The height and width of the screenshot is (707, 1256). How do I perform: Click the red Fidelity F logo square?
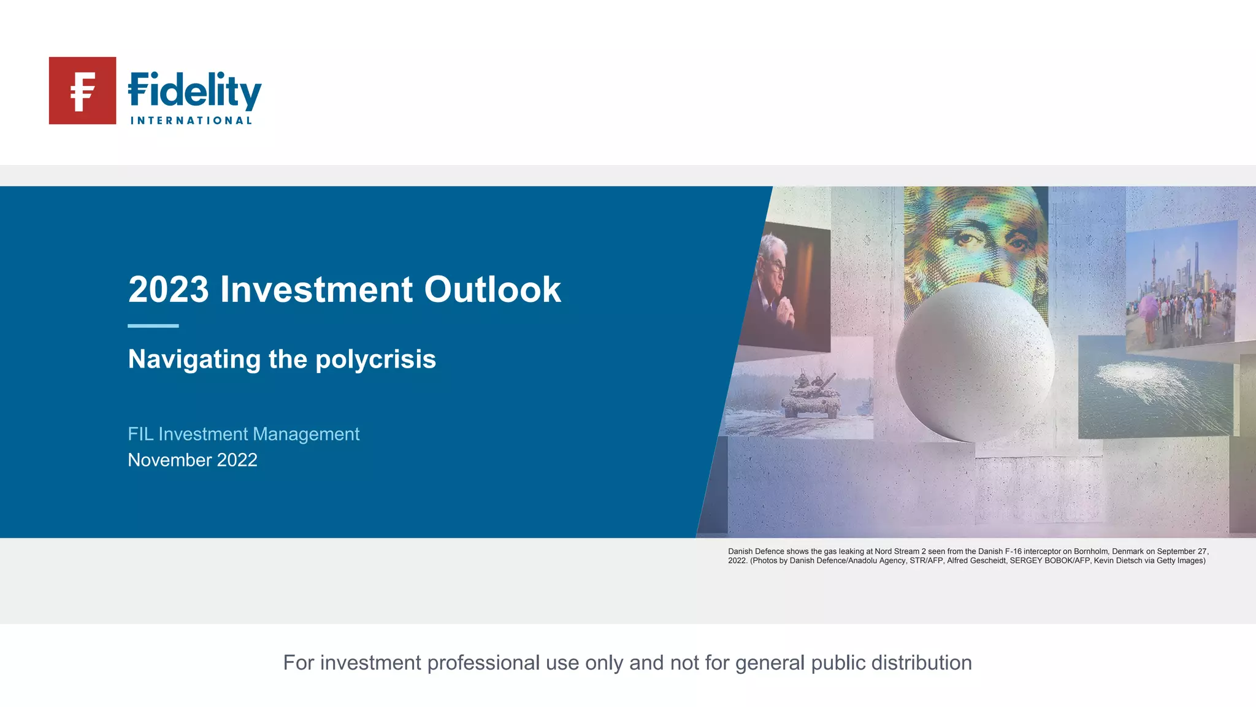tap(82, 91)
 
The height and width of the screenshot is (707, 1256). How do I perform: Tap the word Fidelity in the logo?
tap(194, 91)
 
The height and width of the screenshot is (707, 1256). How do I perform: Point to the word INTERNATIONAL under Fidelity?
tap(191, 121)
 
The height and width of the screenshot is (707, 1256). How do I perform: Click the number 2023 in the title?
tap(169, 289)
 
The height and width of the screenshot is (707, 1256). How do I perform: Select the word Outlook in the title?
tap(492, 289)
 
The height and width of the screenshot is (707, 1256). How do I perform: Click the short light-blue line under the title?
tap(153, 326)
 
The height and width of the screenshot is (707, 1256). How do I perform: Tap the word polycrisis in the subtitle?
tap(375, 359)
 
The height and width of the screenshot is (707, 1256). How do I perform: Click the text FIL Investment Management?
tap(243, 434)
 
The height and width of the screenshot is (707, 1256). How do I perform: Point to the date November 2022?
tap(193, 460)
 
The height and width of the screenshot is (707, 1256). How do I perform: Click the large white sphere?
tap(974, 362)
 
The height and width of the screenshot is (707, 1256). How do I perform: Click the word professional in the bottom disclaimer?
tap(483, 663)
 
